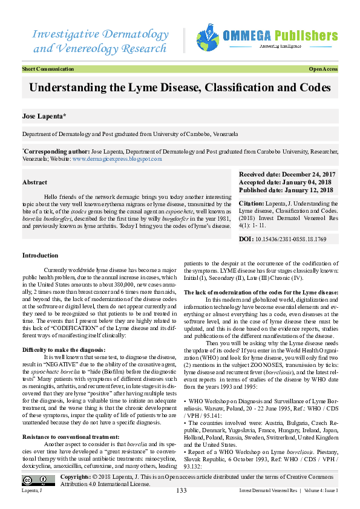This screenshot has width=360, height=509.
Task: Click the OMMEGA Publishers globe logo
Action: pyautogui.click(x=208, y=39)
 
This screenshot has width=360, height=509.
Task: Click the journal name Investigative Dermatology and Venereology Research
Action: pyautogui.click(x=100, y=40)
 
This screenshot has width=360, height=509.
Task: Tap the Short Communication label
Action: pyautogui.click(x=48, y=70)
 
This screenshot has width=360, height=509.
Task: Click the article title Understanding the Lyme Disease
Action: pyautogui.click(x=180, y=88)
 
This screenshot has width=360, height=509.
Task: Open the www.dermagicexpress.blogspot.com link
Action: pyautogui.click(x=117, y=159)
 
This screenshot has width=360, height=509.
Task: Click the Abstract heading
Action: pyautogui.click(x=34, y=182)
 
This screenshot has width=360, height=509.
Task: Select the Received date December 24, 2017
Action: pyautogui.click(x=287, y=174)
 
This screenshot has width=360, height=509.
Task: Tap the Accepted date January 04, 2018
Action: pyautogui.click(x=286, y=182)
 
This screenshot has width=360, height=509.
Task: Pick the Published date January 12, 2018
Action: pyautogui.click(x=286, y=190)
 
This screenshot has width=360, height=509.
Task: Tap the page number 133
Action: pyautogui.click(x=180, y=490)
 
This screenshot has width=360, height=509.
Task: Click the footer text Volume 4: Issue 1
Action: pyautogui.click(x=322, y=491)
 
